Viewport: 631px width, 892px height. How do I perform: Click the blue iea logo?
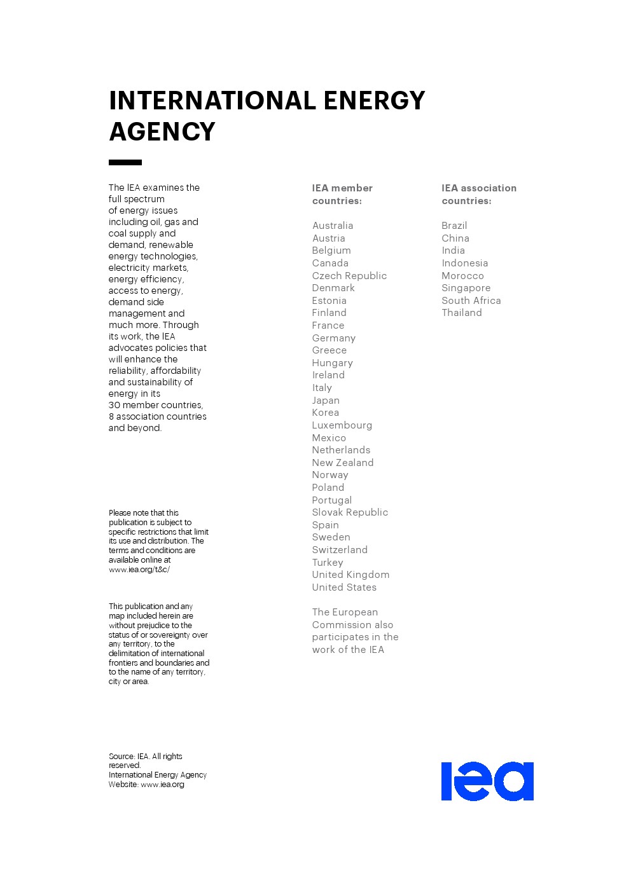click(487, 781)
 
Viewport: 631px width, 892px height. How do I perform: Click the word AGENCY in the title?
click(162, 132)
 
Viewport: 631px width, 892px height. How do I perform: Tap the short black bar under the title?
click(125, 163)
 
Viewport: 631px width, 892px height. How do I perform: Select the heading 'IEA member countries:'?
click(342, 195)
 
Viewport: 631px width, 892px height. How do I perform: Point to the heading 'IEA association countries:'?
click(479, 195)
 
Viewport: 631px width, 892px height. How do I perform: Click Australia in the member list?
click(333, 226)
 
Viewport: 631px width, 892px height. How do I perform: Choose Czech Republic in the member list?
click(349, 276)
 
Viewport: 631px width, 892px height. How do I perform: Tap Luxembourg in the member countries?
click(342, 425)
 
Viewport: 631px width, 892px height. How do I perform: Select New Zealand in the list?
click(343, 463)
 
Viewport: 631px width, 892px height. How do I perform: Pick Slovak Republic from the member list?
click(350, 512)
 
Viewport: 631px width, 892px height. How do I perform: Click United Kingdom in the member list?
click(350, 575)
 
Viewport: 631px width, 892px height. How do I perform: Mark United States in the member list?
click(344, 587)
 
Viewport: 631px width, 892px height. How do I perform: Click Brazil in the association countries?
click(454, 226)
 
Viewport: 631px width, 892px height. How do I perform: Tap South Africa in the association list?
click(471, 301)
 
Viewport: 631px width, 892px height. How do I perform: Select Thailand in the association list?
click(462, 313)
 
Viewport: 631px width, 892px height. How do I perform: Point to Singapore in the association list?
click(466, 288)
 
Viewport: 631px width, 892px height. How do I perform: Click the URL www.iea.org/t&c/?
click(139, 570)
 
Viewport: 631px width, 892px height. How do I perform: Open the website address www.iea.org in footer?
click(162, 785)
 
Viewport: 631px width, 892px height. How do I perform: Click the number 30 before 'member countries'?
click(114, 405)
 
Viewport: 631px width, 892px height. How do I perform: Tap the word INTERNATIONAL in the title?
click(212, 100)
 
